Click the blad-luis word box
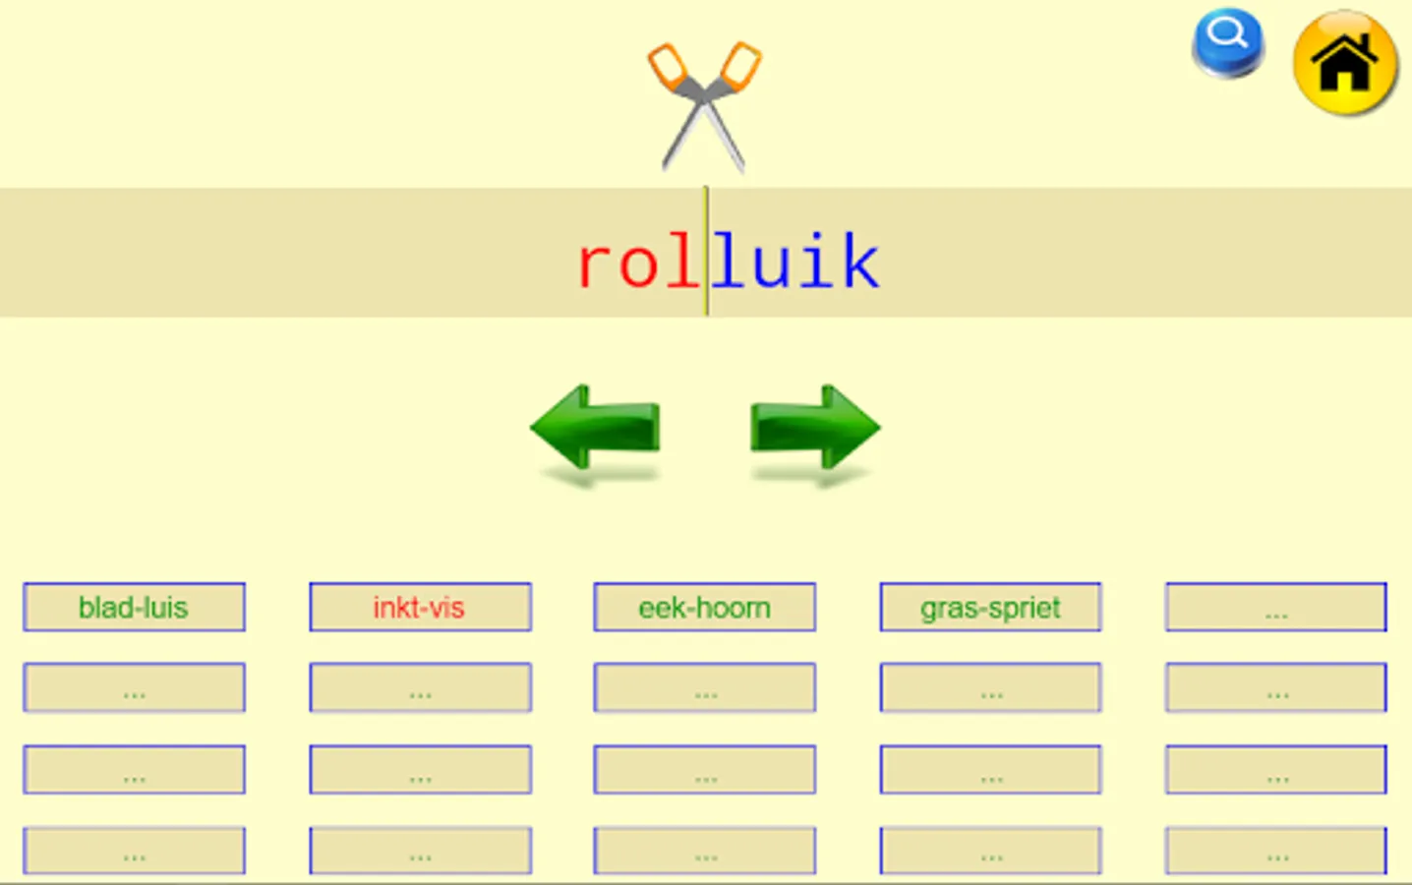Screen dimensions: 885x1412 click(x=134, y=608)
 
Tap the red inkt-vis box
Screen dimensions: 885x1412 click(x=420, y=608)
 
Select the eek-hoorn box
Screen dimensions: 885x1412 click(x=704, y=608)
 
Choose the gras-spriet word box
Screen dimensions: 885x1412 click(x=990, y=608)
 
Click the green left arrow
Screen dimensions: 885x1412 click(x=596, y=427)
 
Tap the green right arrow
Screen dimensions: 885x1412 click(x=814, y=427)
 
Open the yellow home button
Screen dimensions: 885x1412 click(x=1344, y=63)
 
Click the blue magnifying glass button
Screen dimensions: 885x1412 click(x=1227, y=41)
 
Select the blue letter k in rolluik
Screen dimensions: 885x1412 click(x=860, y=263)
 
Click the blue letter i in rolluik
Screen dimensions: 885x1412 click(x=816, y=263)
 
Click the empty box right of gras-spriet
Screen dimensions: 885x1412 click(x=1275, y=608)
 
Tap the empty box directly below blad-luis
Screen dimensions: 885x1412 click(x=134, y=687)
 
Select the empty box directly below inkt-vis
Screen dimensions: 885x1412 click(x=420, y=687)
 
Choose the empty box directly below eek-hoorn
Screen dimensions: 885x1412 click(x=704, y=687)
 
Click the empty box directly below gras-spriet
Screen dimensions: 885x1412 click(x=990, y=687)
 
